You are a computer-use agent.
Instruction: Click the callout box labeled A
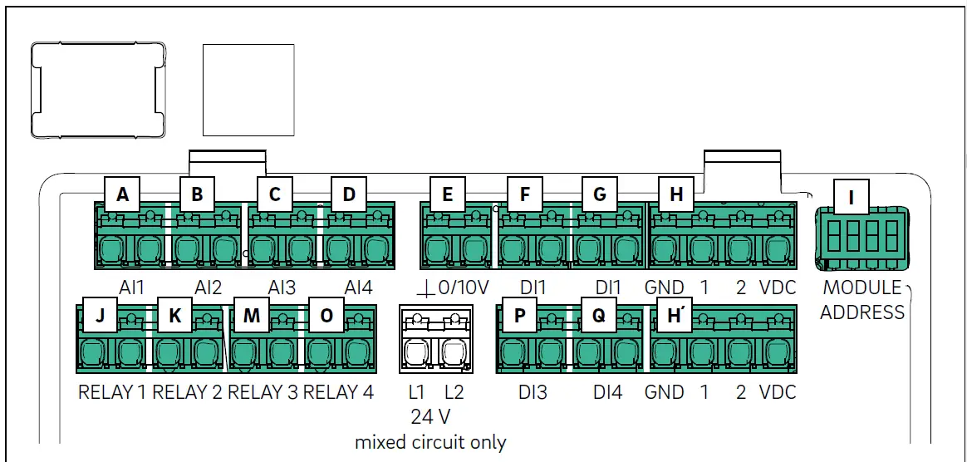[123, 194]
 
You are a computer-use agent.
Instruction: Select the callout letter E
[447, 194]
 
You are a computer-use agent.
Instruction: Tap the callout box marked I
[851, 198]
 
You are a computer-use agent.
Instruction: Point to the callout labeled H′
[676, 315]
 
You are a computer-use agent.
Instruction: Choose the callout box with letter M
[251, 315]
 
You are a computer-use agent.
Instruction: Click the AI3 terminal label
[282, 288]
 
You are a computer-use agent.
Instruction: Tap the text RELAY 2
[187, 392]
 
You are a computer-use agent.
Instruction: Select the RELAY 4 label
[339, 392]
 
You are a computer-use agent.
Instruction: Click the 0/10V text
[463, 288]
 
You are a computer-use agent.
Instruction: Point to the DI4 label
[608, 392]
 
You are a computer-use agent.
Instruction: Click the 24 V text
[430, 417]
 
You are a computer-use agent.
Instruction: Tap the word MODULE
[862, 288]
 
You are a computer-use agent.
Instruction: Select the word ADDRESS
[862, 312]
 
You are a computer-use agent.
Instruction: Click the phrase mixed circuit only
[430, 442]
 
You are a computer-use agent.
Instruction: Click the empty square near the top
[248, 90]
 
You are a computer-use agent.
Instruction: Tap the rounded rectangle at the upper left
[99, 90]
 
